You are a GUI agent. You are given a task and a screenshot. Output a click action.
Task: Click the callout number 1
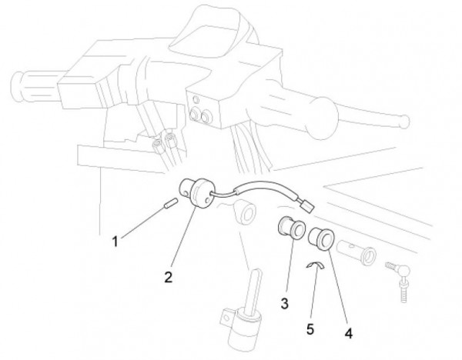[x=115, y=242]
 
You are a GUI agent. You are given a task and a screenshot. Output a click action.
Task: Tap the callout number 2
[x=168, y=277]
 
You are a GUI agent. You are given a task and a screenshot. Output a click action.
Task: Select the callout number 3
[x=284, y=304]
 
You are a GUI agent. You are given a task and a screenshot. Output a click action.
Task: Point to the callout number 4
[x=349, y=334]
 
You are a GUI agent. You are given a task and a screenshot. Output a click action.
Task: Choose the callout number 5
[x=310, y=329]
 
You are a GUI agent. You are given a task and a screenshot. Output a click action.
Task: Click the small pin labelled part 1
[x=170, y=204]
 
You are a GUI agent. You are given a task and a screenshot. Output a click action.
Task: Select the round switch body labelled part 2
[x=196, y=193]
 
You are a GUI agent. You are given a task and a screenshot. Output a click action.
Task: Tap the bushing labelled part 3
[x=291, y=228]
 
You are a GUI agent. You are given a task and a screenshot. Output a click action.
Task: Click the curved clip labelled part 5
[x=315, y=265]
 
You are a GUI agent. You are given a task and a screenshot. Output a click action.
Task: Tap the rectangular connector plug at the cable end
[x=306, y=205]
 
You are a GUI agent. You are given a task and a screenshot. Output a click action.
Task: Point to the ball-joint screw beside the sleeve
[x=399, y=278]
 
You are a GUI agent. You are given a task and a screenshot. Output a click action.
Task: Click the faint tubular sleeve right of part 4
[x=357, y=252]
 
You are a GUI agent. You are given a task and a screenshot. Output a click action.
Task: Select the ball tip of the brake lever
[x=404, y=121]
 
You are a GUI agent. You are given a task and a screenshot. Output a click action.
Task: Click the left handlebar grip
[x=35, y=87]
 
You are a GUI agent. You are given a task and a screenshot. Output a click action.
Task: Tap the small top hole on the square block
[x=195, y=98]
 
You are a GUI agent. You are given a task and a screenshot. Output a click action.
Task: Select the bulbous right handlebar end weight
[x=321, y=118]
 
